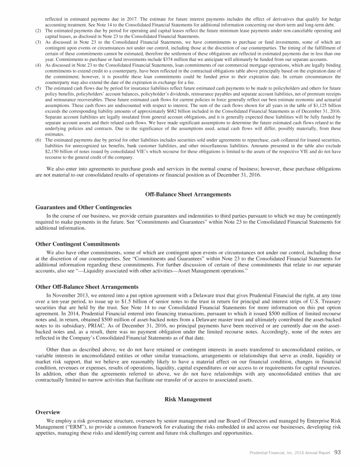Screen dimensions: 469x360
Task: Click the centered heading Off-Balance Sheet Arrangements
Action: click(180, 194)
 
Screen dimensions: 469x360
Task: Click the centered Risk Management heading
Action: click(180, 399)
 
